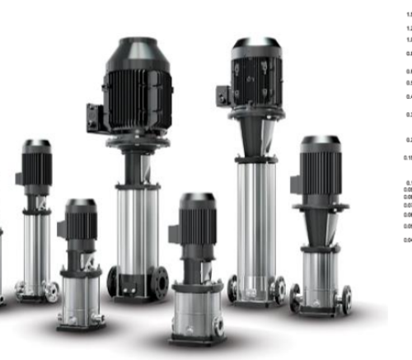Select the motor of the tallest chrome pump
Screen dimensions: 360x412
click(x=256, y=78)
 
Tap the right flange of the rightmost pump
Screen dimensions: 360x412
click(x=346, y=298)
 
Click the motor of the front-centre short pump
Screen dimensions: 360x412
click(x=198, y=222)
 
